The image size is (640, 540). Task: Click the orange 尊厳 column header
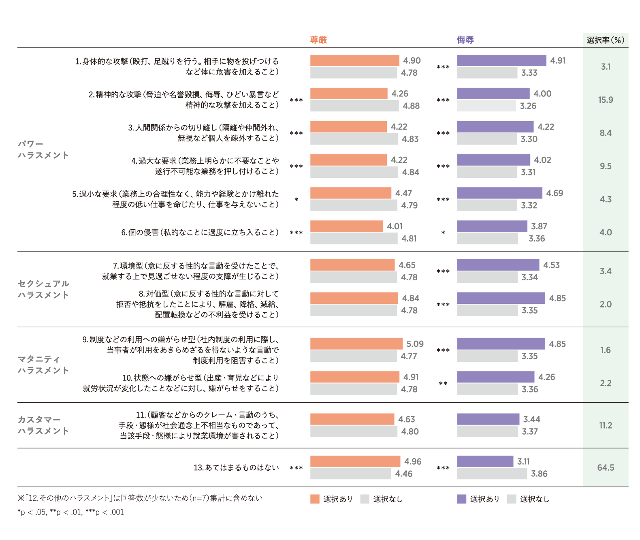click(318, 40)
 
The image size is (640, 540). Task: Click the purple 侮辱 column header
click(465, 40)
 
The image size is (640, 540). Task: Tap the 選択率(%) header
click(605, 40)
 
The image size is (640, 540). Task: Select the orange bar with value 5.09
click(356, 344)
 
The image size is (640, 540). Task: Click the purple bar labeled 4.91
click(501, 60)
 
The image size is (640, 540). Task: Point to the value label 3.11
click(523, 461)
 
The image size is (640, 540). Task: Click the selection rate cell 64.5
click(606, 467)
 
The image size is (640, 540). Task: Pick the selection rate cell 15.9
click(606, 100)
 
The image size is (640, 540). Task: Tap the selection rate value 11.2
click(606, 425)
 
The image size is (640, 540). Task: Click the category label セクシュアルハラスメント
click(43, 289)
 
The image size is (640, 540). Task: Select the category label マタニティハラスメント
click(43, 365)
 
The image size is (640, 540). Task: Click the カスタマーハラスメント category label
click(43, 425)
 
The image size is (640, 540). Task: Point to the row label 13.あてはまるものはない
click(236, 467)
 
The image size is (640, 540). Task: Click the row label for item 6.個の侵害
click(200, 233)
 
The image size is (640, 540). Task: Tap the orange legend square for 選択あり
click(315, 499)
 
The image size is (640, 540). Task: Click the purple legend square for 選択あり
click(461, 499)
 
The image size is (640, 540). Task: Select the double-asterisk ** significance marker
click(443, 383)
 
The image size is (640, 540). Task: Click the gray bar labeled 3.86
click(492, 474)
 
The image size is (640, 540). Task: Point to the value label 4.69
click(555, 193)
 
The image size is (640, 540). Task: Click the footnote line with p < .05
click(70, 512)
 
